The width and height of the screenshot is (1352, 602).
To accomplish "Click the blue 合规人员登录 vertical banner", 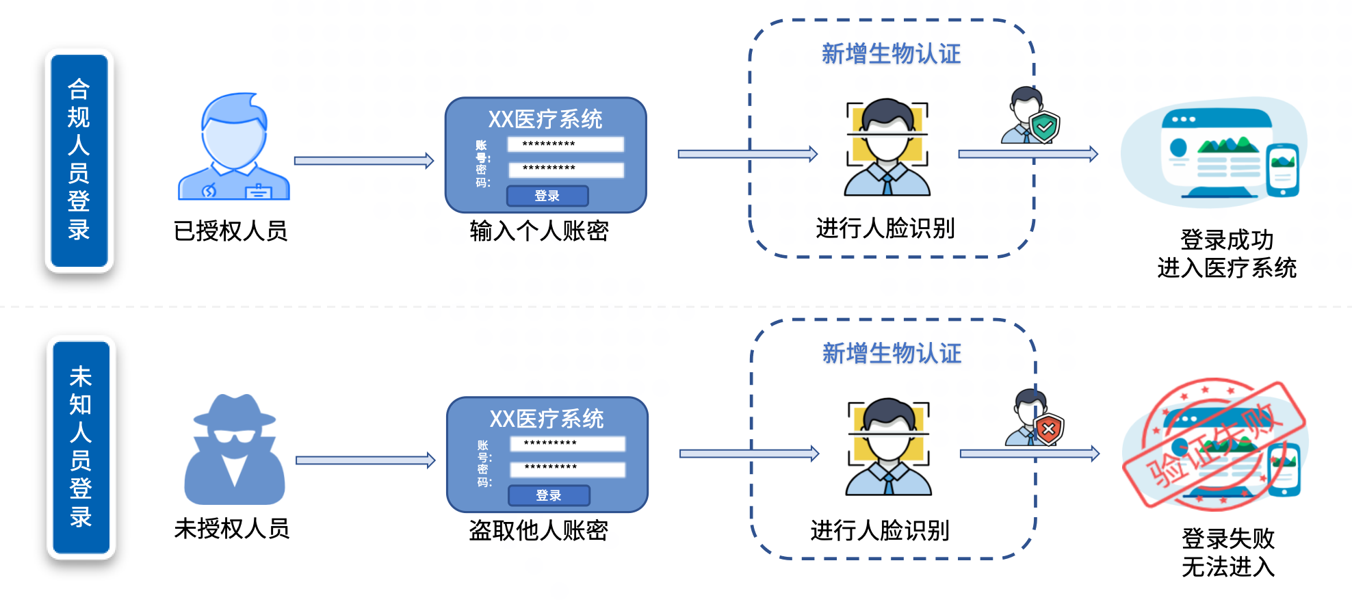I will tap(79, 161).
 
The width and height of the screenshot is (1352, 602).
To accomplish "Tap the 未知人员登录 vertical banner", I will tap(81, 447).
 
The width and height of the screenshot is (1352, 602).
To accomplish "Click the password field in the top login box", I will tap(566, 170).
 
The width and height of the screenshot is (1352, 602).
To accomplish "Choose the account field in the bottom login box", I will tap(567, 444).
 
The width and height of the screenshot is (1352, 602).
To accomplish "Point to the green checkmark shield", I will tap(1045, 127).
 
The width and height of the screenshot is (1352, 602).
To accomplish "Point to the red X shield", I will tap(1048, 430).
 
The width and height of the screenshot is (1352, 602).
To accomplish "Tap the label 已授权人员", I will tap(231, 231).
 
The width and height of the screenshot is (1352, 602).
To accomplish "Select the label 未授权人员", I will tap(232, 529).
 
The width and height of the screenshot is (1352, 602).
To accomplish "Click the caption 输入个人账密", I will tap(539, 231).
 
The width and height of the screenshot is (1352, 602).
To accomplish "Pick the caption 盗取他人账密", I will tap(538, 531).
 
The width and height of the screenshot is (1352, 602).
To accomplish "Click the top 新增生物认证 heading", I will tap(891, 54).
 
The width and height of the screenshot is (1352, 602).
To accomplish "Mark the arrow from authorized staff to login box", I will tap(364, 161).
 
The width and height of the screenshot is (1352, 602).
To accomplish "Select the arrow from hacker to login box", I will tap(365, 460).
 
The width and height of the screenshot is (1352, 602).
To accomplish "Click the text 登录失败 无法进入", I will tap(1228, 553).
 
